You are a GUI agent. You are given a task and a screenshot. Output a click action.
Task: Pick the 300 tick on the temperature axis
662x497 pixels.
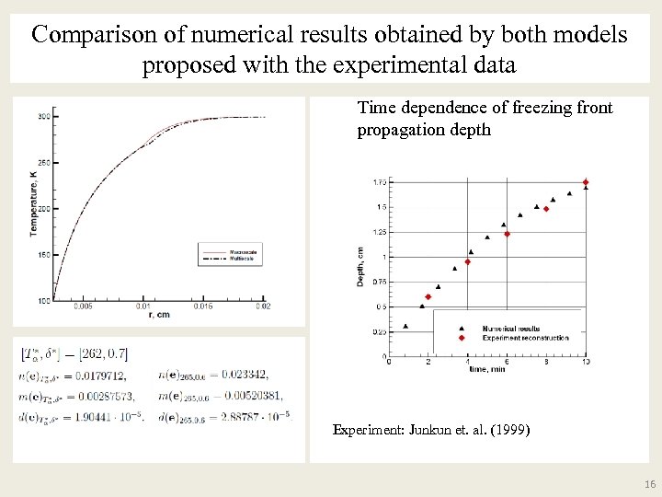[x=44, y=117]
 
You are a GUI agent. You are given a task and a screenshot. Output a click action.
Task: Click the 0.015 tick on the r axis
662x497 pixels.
[x=203, y=306]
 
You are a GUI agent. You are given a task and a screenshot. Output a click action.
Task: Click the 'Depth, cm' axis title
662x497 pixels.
[x=360, y=266]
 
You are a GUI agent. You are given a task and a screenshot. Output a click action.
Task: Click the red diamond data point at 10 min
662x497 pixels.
[x=586, y=182]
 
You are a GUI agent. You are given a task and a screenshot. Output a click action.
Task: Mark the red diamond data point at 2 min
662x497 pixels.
[x=428, y=296]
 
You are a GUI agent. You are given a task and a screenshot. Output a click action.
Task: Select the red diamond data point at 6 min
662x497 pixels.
[x=507, y=234]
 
